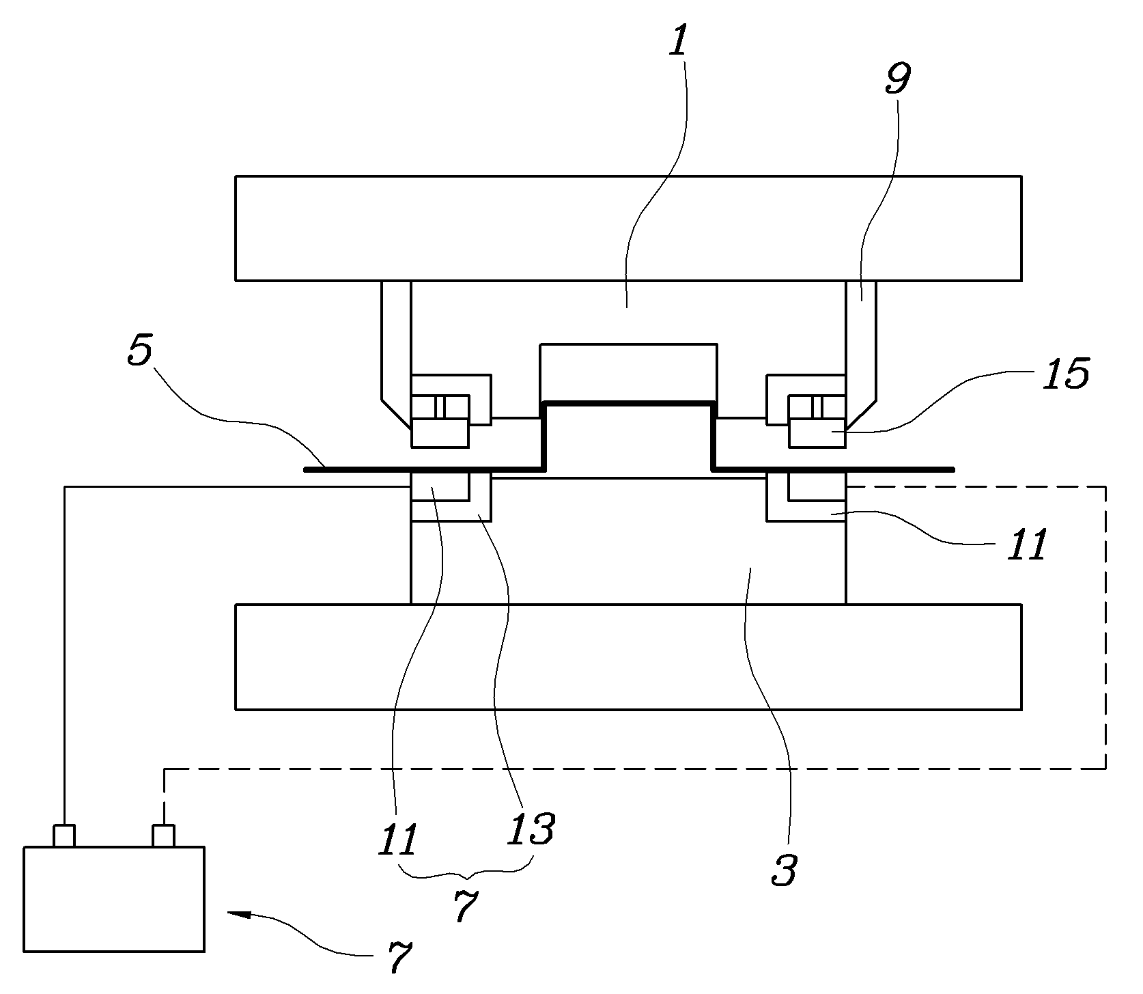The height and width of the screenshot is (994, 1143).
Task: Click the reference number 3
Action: (785, 868)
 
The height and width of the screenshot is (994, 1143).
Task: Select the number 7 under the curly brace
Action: (464, 907)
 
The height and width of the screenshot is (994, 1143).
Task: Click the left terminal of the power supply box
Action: (63, 836)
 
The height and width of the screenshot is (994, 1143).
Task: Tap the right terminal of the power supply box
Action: (164, 836)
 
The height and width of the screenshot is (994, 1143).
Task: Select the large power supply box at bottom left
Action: (114, 899)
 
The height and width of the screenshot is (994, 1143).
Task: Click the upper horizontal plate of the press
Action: (628, 228)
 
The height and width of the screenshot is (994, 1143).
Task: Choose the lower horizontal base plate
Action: (628, 657)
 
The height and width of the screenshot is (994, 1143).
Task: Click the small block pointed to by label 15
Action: (817, 433)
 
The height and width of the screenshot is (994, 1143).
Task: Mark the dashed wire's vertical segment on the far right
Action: (1105, 627)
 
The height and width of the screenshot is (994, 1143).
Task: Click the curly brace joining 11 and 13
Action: (466, 872)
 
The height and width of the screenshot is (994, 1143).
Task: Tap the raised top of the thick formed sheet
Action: (627, 404)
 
